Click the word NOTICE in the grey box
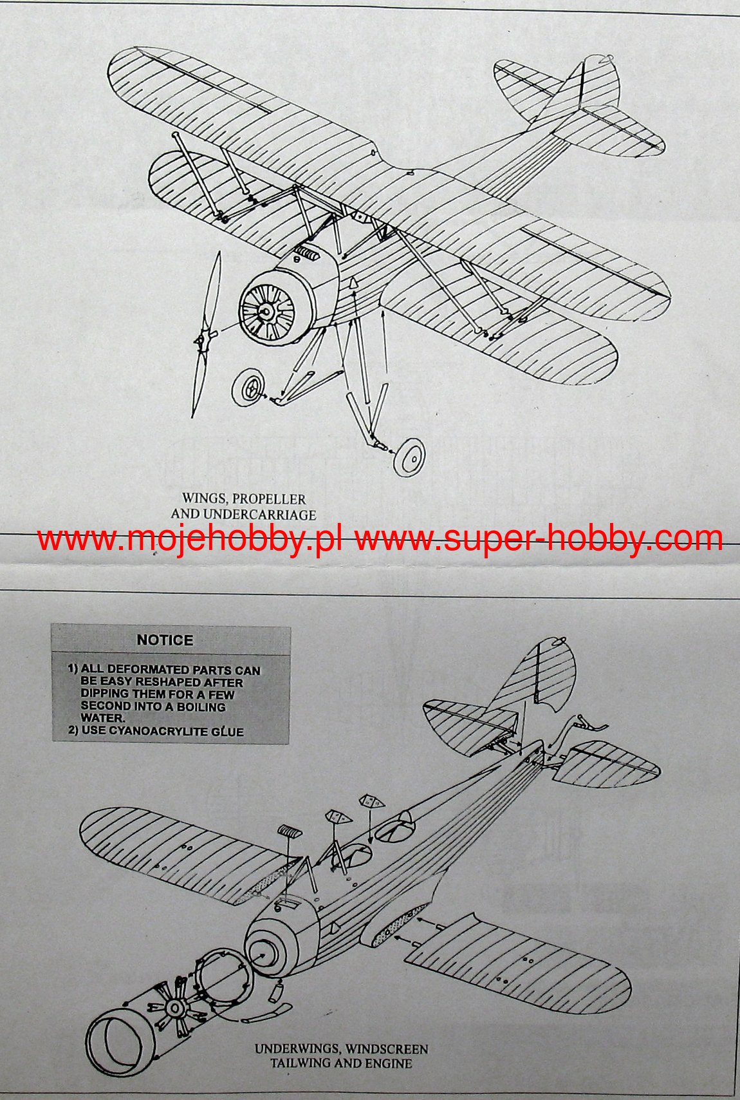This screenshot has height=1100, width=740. click(x=165, y=640)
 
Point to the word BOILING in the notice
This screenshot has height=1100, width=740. click(x=201, y=706)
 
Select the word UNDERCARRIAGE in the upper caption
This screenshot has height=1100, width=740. click(x=259, y=515)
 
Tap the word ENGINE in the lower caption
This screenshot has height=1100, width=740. click(x=389, y=1063)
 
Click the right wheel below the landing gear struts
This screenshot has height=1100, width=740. click(x=409, y=457)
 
